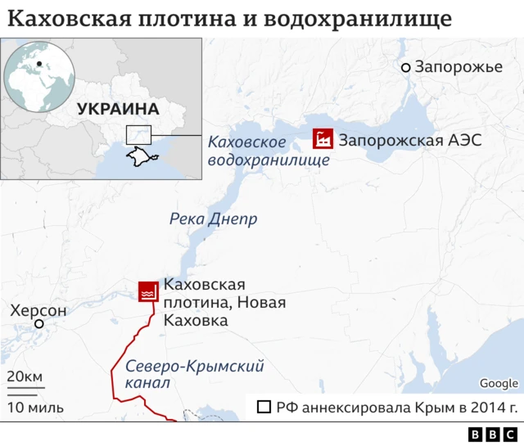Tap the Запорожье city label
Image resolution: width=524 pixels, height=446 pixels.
[458, 66]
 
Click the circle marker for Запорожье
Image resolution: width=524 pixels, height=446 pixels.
[405, 67]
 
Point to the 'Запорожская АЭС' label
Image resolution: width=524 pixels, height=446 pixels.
[409, 140]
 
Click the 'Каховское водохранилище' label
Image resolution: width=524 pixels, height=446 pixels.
[268, 151]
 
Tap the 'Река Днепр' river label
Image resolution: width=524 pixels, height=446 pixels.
[213, 219]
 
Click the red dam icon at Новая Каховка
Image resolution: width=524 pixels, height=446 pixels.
[147, 290]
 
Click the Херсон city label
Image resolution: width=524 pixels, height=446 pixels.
[38, 311]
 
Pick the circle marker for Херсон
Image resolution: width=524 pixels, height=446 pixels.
[38, 325]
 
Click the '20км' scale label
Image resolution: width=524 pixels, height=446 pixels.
[25, 376]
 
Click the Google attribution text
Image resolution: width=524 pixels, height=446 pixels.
[499, 383]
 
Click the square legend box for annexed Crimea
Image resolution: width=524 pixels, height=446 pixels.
[264, 407]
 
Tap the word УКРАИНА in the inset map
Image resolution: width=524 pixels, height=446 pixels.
[118, 108]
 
